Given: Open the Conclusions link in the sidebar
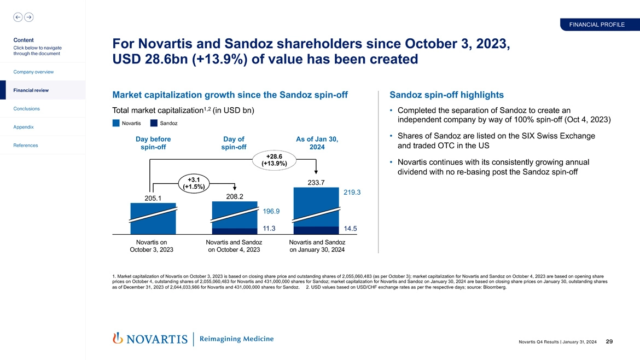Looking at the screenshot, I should (x=27, y=108).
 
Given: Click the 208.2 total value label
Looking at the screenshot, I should (x=234, y=196).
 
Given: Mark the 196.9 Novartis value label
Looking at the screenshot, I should (x=271, y=211).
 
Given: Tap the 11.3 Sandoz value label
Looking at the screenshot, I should (x=269, y=229).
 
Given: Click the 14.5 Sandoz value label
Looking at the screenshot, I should (x=351, y=229).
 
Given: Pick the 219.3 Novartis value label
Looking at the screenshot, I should (x=352, y=193).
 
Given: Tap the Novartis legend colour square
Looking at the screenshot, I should (x=116, y=123).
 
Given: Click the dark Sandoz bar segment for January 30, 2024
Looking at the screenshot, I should (x=316, y=230).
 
